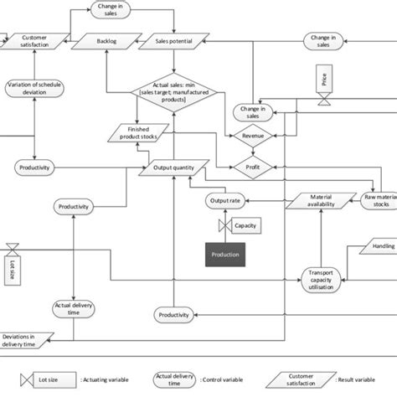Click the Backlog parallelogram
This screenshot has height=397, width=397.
106,39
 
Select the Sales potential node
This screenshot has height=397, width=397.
173,39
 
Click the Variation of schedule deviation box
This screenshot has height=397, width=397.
34,90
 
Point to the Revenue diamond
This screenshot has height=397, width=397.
252,135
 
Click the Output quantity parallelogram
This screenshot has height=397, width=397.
173,168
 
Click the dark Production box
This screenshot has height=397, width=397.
225,255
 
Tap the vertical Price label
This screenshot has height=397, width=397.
322,80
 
